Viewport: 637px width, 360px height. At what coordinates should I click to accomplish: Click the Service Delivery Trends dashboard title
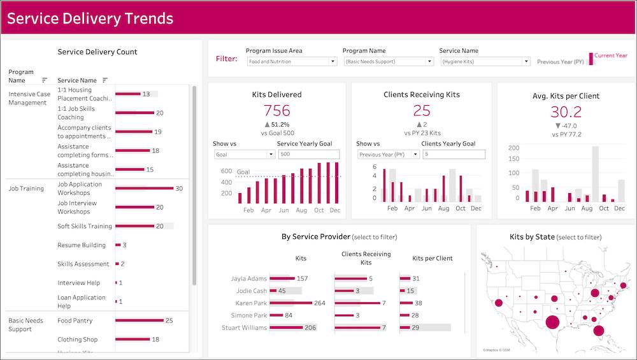coord(90,18)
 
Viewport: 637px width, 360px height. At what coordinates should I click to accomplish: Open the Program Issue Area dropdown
coord(292,62)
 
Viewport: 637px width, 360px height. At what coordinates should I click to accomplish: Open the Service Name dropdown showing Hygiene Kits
coord(485,62)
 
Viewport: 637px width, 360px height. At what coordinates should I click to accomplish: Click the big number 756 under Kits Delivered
coord(276,111)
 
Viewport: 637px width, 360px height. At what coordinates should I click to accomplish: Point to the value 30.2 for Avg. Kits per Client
coord(566,112)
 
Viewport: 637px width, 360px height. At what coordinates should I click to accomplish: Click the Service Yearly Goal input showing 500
coord(308,154)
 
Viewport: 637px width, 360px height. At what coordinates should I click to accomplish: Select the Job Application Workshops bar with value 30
coord(144,189)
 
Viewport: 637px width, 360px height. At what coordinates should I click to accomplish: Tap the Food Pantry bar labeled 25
coord(139,320)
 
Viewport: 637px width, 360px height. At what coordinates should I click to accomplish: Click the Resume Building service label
coord(82,245)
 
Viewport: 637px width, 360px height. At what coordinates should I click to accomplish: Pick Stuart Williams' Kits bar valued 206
coord(285,328)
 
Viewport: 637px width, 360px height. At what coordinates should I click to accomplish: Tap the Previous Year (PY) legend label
coord(561,62)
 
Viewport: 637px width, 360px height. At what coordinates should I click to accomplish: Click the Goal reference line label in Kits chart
coord(243,172)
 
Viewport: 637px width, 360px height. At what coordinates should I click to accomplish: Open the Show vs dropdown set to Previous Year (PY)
coord(387,154)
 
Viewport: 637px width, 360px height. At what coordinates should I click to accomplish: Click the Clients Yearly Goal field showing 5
coord(453,154)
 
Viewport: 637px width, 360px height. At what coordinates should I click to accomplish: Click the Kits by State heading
coord(532,237)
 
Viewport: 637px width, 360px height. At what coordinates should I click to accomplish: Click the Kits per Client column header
coord(433,258)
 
